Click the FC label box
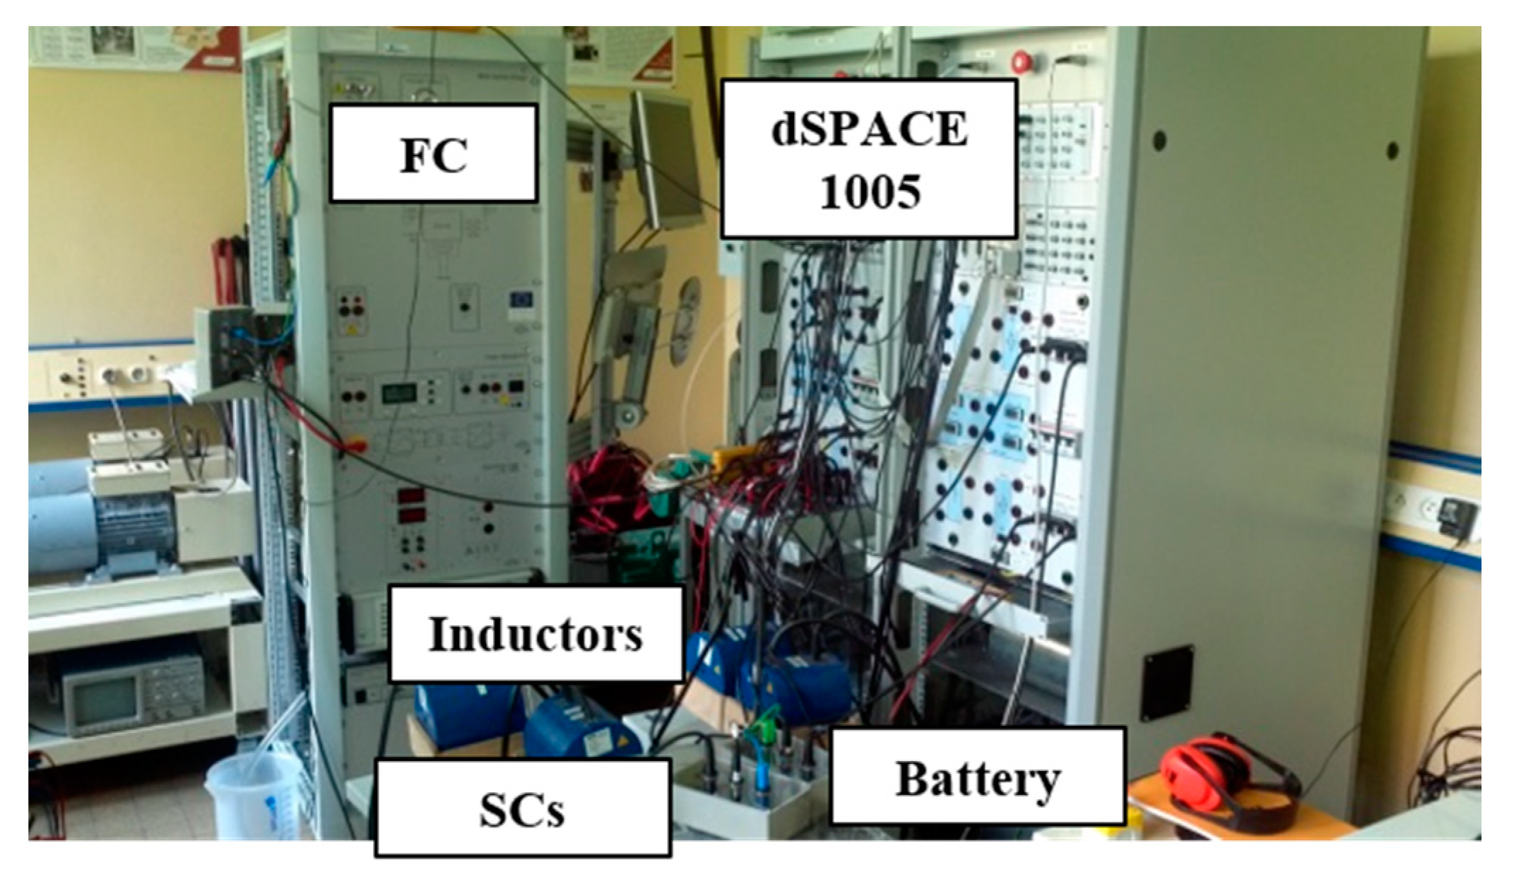(x=434, y=153)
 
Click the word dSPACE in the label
(x=869, y=129)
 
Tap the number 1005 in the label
(x=870, y=191)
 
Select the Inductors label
(x=536, y=634)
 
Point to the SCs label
(x=522, y=808)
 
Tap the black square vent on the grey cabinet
(x=1169, y=682)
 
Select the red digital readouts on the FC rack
(x=410, y=505)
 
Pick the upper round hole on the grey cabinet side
(x=1159, y=140)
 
